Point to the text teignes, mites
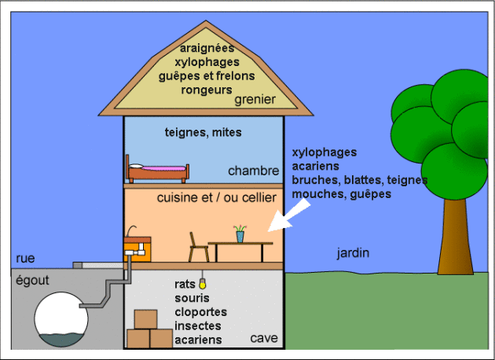point(203,133)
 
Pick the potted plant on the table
point(239,233)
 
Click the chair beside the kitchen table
point(199,248)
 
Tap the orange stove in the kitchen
point(138,247)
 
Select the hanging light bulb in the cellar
point(203,281)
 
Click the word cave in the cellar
point(263,339)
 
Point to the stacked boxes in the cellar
point(148,330)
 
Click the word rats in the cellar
point(186,285)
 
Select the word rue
point(26,259)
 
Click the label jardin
point(353,253)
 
